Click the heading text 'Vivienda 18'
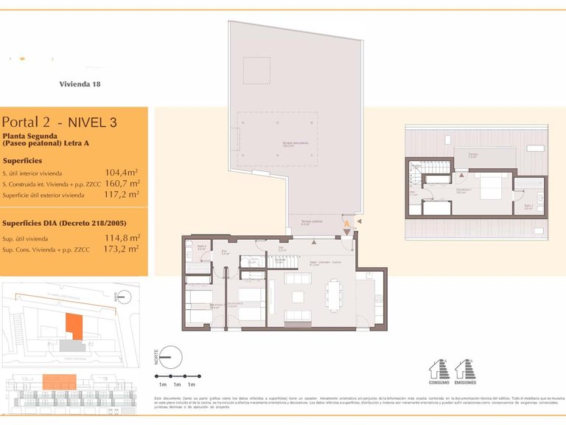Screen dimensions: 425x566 (x=80, y=84)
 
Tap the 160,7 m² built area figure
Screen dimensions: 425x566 (x=122, y=184)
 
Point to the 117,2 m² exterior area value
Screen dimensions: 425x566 (x=122, y=195)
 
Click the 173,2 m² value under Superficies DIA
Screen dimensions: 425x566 (x=122, y=249)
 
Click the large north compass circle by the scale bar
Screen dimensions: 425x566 (x=170, y=357)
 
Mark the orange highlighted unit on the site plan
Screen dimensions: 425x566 (x=74, y=325)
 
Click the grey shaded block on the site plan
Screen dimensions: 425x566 (x=72, y=345)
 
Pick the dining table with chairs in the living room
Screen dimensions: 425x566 (x=335, y=296)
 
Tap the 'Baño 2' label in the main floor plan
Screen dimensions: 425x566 (x=202, y=248)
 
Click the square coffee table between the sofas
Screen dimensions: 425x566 (x=298, y=297)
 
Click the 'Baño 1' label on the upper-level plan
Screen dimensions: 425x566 (x=528, y=207)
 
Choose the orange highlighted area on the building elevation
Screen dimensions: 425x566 (x=58, y=381)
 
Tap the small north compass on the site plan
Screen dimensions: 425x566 (x=120, y=297)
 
